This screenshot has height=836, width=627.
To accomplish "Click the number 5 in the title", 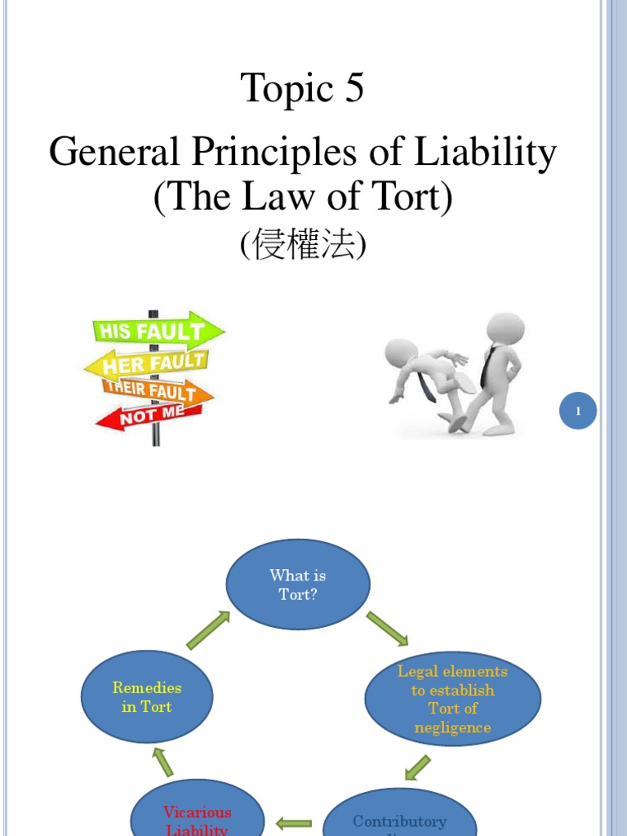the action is coord(353,89).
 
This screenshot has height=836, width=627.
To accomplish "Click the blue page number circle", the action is coord(578,411).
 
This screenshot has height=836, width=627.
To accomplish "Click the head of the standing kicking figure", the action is coord(505,329).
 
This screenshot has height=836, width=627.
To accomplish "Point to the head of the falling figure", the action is coord(401,353).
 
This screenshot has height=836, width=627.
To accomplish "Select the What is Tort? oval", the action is coord(298,585).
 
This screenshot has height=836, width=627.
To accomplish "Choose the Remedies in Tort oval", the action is coord(147,697).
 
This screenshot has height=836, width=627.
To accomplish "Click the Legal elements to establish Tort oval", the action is coord(452,699).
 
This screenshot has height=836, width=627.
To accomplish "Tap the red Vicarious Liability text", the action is coord(198,820).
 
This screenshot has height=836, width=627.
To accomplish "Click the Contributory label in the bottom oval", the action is coord(400,821).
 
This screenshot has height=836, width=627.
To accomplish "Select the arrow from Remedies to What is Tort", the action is coord(208,630).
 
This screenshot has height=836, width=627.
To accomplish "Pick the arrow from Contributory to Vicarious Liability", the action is coord(294,825).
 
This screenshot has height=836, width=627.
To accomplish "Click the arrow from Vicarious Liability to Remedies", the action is coord(163,763).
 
